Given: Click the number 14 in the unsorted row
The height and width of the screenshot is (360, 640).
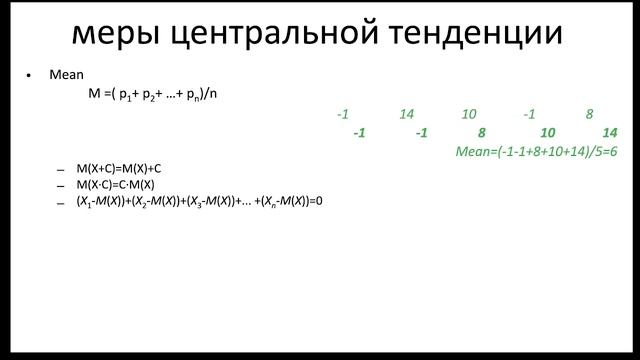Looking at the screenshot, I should (x=406, y=115).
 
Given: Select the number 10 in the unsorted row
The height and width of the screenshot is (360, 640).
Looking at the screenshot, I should (x=469, y=115).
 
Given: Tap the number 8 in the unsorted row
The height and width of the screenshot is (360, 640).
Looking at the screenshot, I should (x=590, y=115).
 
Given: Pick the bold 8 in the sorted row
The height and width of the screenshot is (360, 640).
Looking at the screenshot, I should (x=482, y=133).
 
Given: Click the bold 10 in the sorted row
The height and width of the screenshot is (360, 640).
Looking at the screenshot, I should (x=547, y=133).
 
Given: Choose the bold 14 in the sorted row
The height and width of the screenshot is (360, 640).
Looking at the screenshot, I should (x=610, y=133).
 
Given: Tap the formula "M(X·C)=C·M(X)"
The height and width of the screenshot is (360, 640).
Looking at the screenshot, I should (x=116, y=185).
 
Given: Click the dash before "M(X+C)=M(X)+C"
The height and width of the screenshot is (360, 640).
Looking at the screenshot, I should (x=61, y=170).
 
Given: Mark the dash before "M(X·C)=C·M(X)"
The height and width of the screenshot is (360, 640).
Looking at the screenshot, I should (x=61, y=186).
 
